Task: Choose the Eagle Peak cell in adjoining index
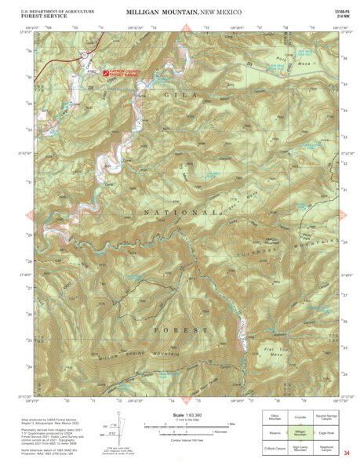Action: click(x=329, y=432)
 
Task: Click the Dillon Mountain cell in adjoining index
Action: click(x=274, y=417)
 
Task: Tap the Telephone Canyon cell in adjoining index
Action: click(x=329, y=449)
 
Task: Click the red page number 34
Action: click(x=346, y=453)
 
